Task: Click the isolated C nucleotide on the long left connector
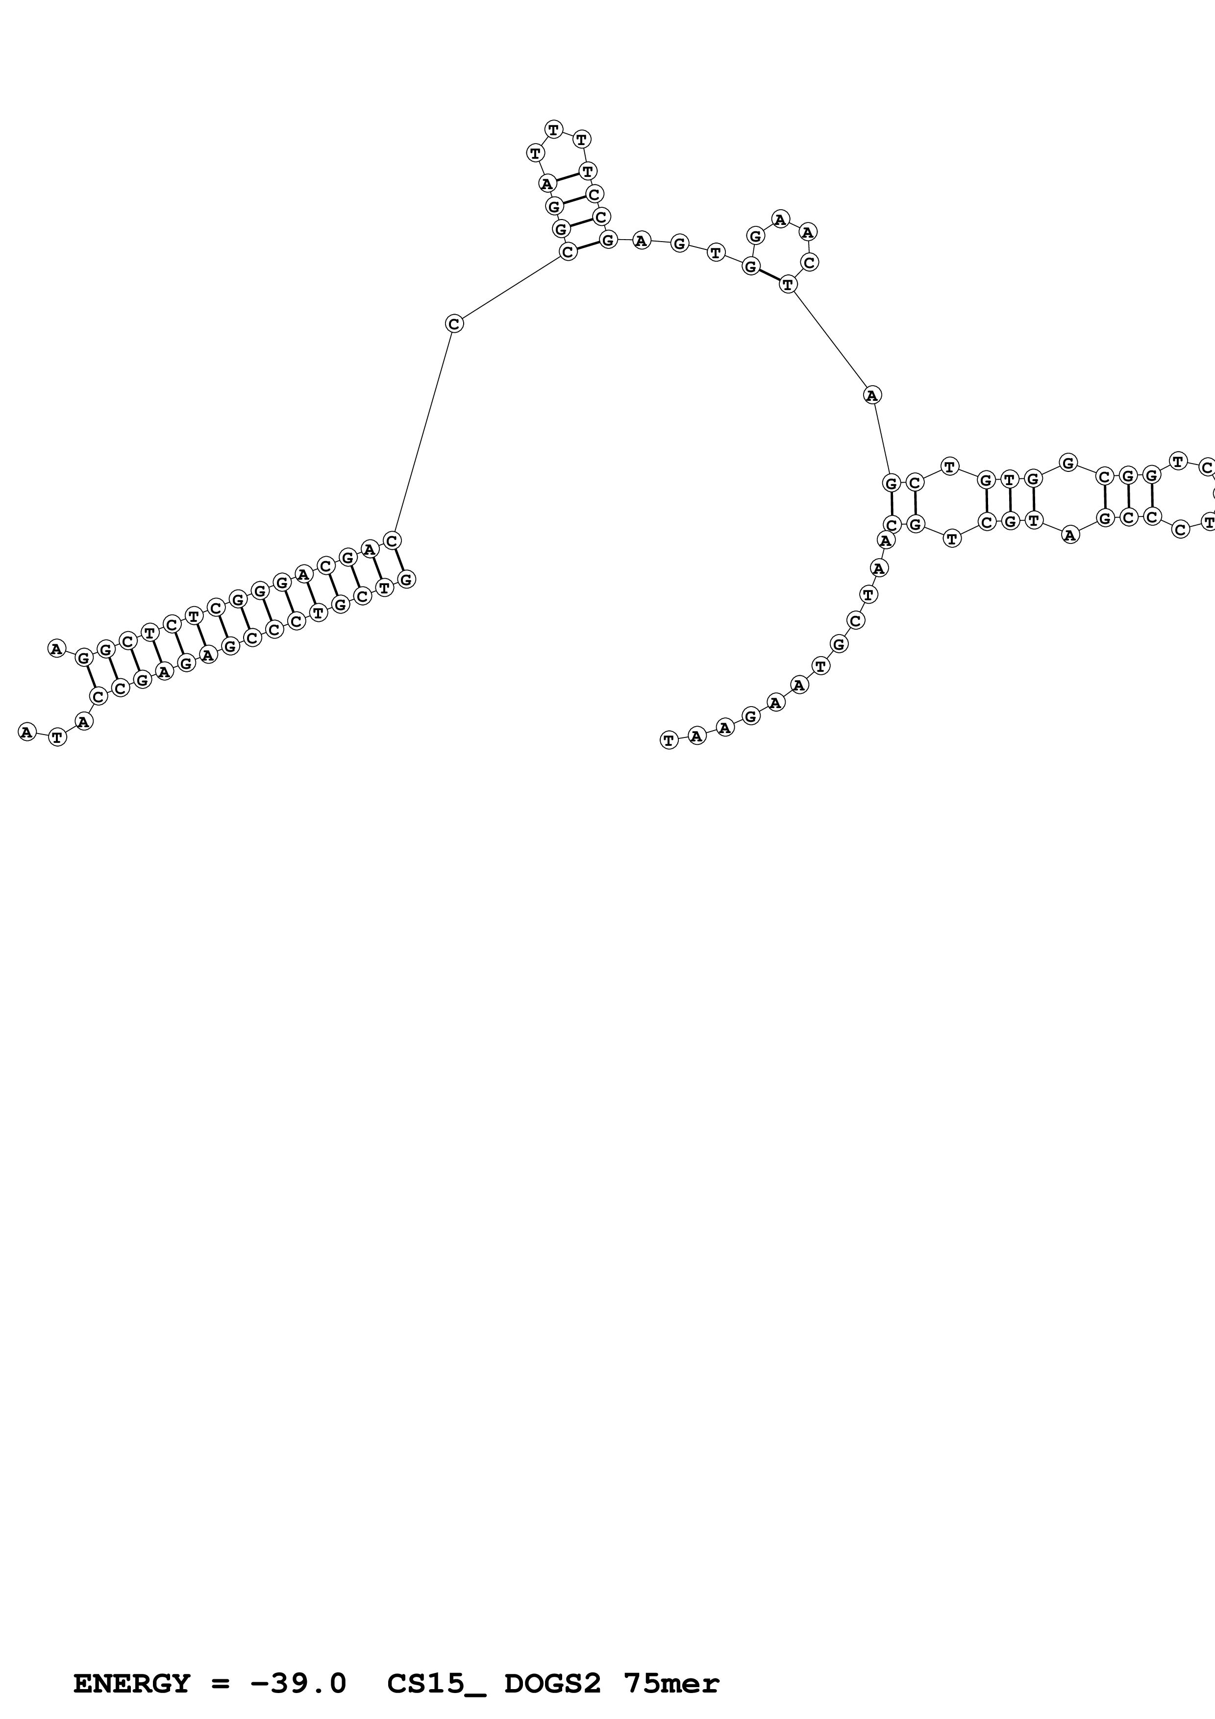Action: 454,323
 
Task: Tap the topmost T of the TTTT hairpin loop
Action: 553,129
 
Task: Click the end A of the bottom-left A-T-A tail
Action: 27,732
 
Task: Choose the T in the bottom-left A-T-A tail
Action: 58,737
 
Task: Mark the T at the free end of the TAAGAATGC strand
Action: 669,740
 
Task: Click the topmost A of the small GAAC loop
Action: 781,220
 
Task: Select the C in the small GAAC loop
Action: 809,262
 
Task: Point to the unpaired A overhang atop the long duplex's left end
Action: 57,648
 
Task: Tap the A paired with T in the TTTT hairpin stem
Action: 547,183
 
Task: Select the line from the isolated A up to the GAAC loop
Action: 830,339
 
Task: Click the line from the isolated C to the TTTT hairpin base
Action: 511,288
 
